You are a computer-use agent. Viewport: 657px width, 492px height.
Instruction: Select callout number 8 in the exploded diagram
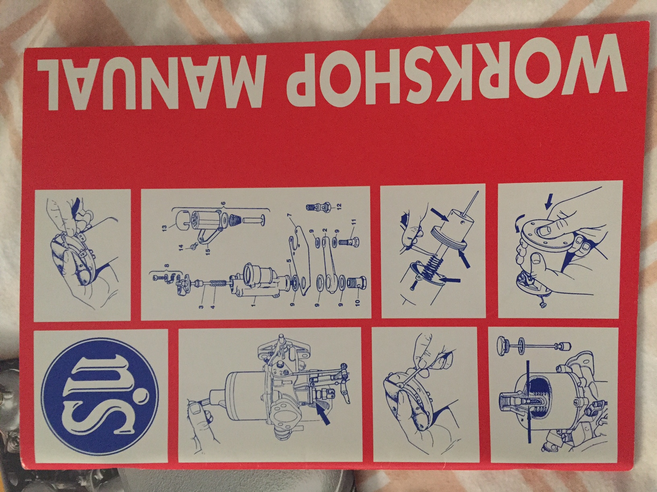pos(166,264)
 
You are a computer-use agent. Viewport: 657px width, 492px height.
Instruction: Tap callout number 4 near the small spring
pos(214,305)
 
